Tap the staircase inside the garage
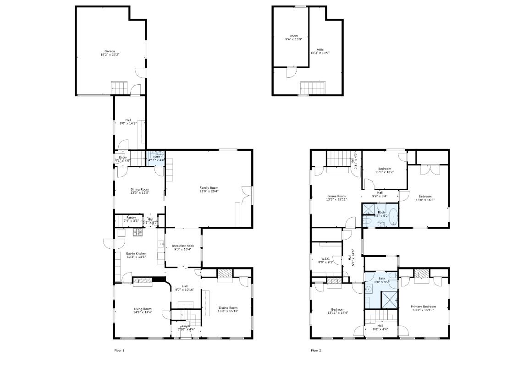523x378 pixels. (x=118, y=86)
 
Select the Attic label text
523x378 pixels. (x=320, y=51)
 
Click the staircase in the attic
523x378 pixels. (x=312, y=88)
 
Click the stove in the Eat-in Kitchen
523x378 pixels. (x=138, y=232)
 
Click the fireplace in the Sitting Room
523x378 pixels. (x=225, y=273)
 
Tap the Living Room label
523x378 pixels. (x=143, y=310)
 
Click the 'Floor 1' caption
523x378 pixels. (x=119, y=351)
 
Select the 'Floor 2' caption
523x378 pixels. (x=316, y=351)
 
